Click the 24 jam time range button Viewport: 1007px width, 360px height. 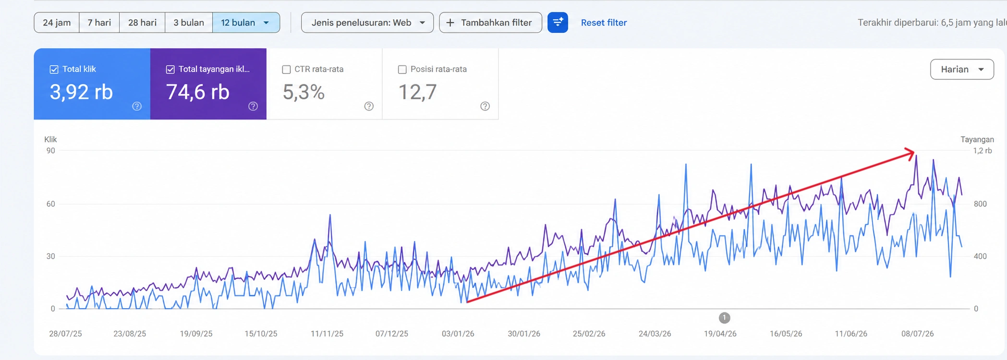click(57, 23)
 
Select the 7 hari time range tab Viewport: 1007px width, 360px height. click(99, 23)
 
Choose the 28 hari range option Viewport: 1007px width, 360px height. click(142, 23)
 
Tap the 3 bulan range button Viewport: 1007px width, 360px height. click(189, 23)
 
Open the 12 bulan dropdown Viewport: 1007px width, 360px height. click(246, 23)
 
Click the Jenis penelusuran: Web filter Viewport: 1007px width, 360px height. click(367, 23)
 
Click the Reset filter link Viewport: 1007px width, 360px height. click(604, 23)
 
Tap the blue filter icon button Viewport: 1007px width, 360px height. click(558, 23)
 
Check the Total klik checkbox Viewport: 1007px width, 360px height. click(54, 70)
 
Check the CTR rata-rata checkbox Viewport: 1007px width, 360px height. click(287, 70)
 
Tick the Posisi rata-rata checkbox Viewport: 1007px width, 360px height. click(402, 70)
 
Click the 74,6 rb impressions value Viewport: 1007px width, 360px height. click(198, 92)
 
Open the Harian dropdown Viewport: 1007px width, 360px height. click(962, 70)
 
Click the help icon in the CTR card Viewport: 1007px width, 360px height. click(369, 106)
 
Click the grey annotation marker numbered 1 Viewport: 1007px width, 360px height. click(724, 318)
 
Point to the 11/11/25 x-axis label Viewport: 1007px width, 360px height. click(327, 334)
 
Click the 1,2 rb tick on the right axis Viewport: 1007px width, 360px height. click(983, 151)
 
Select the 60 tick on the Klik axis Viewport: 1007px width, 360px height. click(51, 204)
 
